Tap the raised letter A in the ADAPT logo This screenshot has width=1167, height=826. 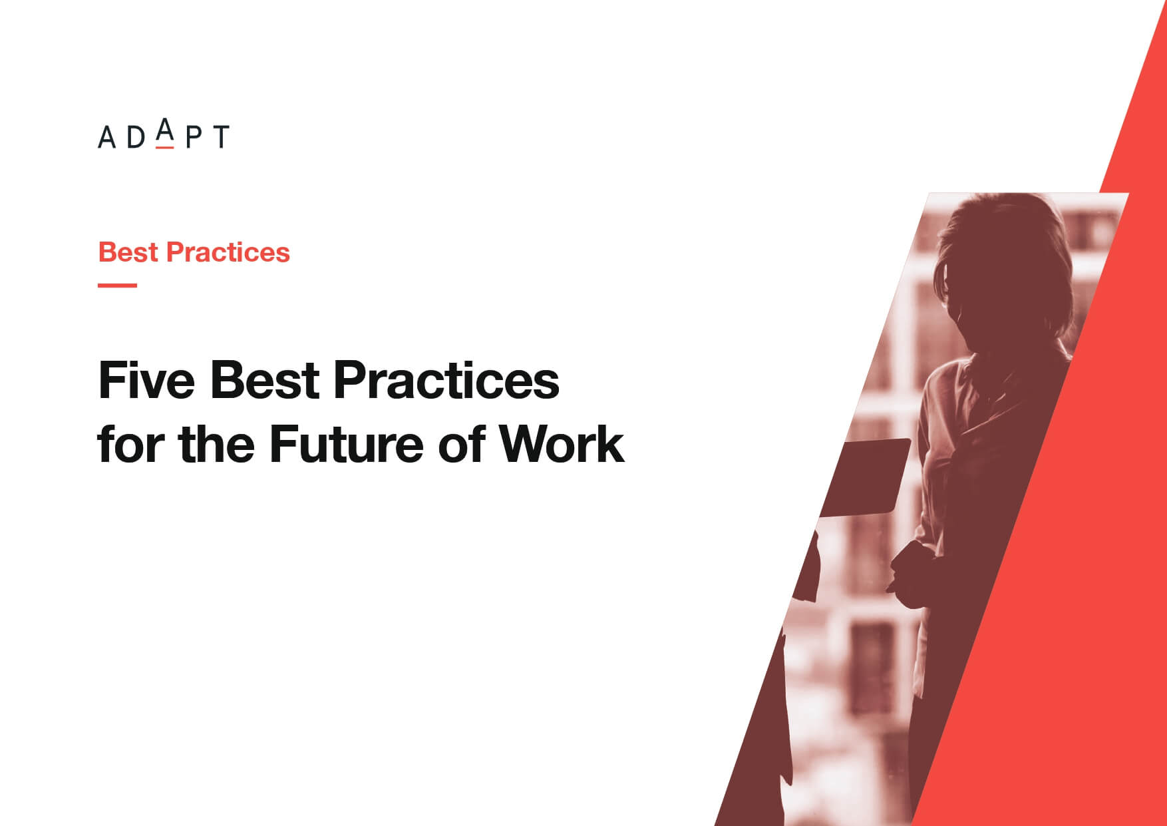point(165,129)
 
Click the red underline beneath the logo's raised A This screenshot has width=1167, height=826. point(165,146)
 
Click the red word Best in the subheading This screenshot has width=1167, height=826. point(128,252)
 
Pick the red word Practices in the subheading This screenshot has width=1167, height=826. point(228,252)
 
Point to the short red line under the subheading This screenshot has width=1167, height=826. point(118,286)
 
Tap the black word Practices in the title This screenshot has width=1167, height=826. point(446,381)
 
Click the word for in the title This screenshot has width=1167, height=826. point(130,444)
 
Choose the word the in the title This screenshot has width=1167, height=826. point(216,444)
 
